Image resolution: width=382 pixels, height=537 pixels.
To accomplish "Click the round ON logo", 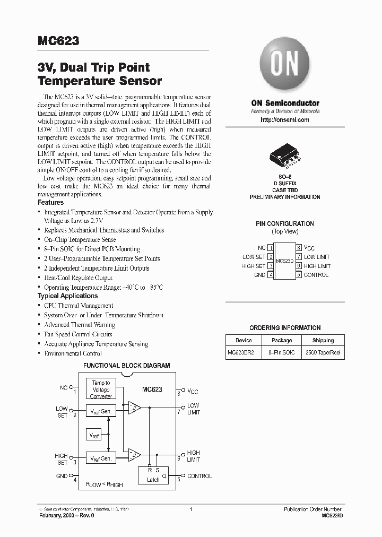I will [x=285, y=67].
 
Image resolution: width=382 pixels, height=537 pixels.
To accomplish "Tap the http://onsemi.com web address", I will [x=285, y=120].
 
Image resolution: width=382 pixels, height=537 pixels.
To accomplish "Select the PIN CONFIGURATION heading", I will [x=285, y=223].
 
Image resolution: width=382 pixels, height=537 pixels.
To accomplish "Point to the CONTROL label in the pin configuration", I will [x=316, y=275].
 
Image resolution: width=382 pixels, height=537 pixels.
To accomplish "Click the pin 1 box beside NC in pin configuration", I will [x=271, y=248].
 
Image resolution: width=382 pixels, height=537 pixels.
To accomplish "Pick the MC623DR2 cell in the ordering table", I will [x=244, y=352].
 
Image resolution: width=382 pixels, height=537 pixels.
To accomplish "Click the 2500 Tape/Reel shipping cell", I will [x=323, y=352].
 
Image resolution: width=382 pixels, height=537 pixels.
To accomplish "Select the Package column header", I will [x=282, y=340].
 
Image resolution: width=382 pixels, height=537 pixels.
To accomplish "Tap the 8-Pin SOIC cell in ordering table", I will [x=282, y=352].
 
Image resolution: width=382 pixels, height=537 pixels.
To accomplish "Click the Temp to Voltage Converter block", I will [x=101, y=389].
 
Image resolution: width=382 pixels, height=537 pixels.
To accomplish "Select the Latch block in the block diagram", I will [x=153, y=475].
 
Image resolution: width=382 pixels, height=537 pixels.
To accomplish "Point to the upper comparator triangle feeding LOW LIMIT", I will [x=133, y=407].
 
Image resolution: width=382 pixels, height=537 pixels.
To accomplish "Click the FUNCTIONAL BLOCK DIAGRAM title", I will [x=127, y=366].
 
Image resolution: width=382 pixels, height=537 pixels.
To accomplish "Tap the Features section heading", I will [x=50, y=202].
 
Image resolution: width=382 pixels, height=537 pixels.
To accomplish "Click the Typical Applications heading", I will [x=67, y=296].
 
